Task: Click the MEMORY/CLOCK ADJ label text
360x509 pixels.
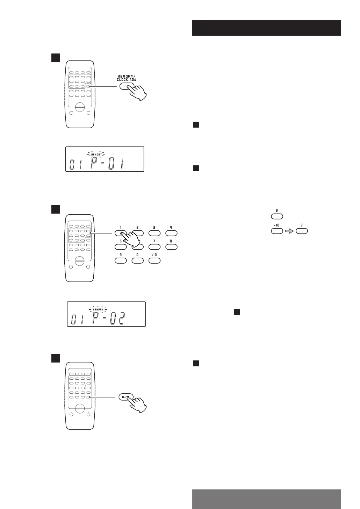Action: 127,78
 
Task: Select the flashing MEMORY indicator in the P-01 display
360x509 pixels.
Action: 97,154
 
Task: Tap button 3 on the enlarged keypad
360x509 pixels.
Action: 154,233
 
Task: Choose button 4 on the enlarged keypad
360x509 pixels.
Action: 171,233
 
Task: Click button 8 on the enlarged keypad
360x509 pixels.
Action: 171,247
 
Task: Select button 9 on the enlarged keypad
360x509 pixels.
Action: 121,260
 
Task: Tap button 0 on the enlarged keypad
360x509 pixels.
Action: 137,260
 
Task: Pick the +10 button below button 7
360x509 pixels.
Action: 154,260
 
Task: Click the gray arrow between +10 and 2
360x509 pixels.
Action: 289,231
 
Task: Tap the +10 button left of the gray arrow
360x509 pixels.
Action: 277,231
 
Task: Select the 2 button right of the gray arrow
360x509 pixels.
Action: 302,231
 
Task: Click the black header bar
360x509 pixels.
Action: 266,28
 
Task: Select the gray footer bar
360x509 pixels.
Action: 266,499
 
